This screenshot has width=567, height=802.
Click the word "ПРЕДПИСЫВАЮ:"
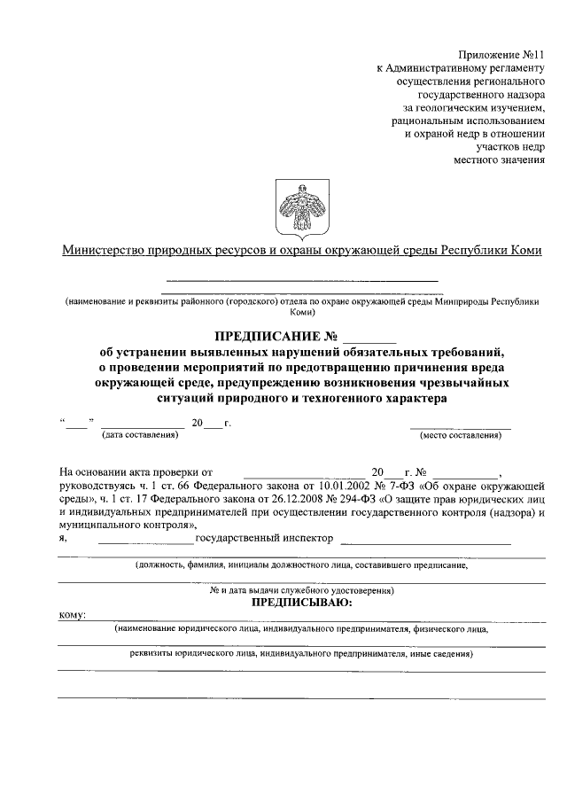(302, 603)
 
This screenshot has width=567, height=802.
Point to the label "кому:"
(71, 616)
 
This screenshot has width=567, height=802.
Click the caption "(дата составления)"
(140, 434)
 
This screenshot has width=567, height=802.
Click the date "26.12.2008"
(326, 500)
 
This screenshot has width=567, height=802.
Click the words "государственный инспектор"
(263, 538)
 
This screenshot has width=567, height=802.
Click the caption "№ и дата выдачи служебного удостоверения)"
(301, 590)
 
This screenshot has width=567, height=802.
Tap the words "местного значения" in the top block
(499, 160)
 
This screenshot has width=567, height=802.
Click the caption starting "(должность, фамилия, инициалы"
(301, 565)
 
